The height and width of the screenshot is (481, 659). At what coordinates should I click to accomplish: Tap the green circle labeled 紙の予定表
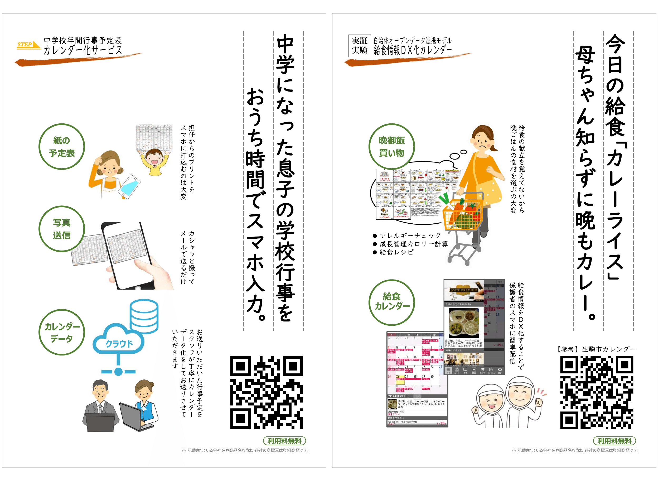[62, 146]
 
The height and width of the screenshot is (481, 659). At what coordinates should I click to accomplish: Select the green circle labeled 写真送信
[62, 229]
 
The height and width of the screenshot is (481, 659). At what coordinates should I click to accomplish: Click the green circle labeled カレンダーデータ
[62, 332]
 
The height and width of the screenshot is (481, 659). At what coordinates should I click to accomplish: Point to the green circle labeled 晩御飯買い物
[391, 146]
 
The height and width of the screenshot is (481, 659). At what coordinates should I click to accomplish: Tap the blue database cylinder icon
[144, 316]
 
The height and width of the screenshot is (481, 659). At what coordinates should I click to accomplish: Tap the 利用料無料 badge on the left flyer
[284, 441]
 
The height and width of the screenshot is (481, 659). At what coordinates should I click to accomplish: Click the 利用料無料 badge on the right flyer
[614, 441]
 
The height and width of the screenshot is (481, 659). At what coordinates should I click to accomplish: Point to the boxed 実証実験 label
[360, 46]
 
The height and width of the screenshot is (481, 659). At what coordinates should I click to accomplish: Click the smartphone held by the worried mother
[129, 186]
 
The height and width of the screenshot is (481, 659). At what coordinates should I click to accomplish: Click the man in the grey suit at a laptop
[100, 406]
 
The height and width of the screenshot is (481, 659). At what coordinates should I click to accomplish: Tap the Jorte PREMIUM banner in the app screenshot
[464, 290]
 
